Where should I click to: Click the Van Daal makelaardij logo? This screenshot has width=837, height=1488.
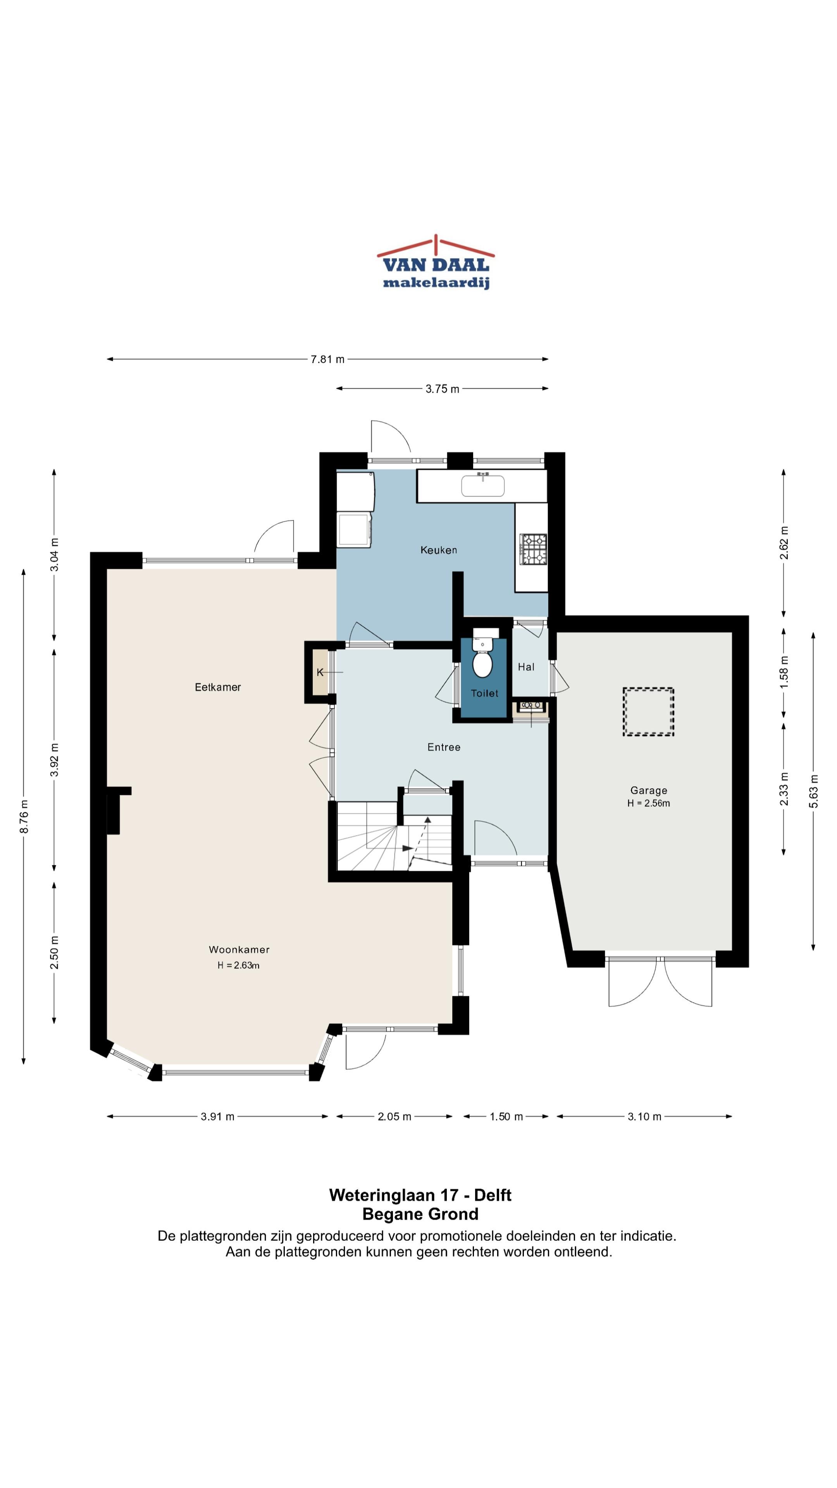tap(436, 262)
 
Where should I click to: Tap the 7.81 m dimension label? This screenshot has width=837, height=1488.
tap(327, 359)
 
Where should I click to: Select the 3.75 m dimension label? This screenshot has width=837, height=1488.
tap(443, 389)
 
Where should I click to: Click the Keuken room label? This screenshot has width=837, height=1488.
tap(438, 550)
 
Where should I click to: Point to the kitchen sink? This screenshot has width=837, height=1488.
tap(482, 485)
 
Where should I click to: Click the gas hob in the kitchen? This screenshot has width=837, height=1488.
tap(533, 548)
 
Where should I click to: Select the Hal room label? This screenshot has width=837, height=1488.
tap(526, 667)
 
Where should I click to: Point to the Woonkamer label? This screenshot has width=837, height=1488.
tap(239, 950)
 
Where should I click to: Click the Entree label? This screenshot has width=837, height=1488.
tap(444, 747)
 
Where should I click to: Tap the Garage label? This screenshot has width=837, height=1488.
tap(649, 790)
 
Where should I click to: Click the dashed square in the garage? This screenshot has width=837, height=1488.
tap(648, 712)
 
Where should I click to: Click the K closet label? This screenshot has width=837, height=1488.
tap(319, 672)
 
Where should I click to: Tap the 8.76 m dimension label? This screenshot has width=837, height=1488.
tap(24, 817)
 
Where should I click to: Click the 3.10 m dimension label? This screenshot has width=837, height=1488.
tap(644, 1116)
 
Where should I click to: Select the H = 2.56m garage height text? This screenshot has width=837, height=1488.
tap(649, 804)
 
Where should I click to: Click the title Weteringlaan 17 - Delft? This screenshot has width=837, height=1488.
tap(420, 1195)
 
